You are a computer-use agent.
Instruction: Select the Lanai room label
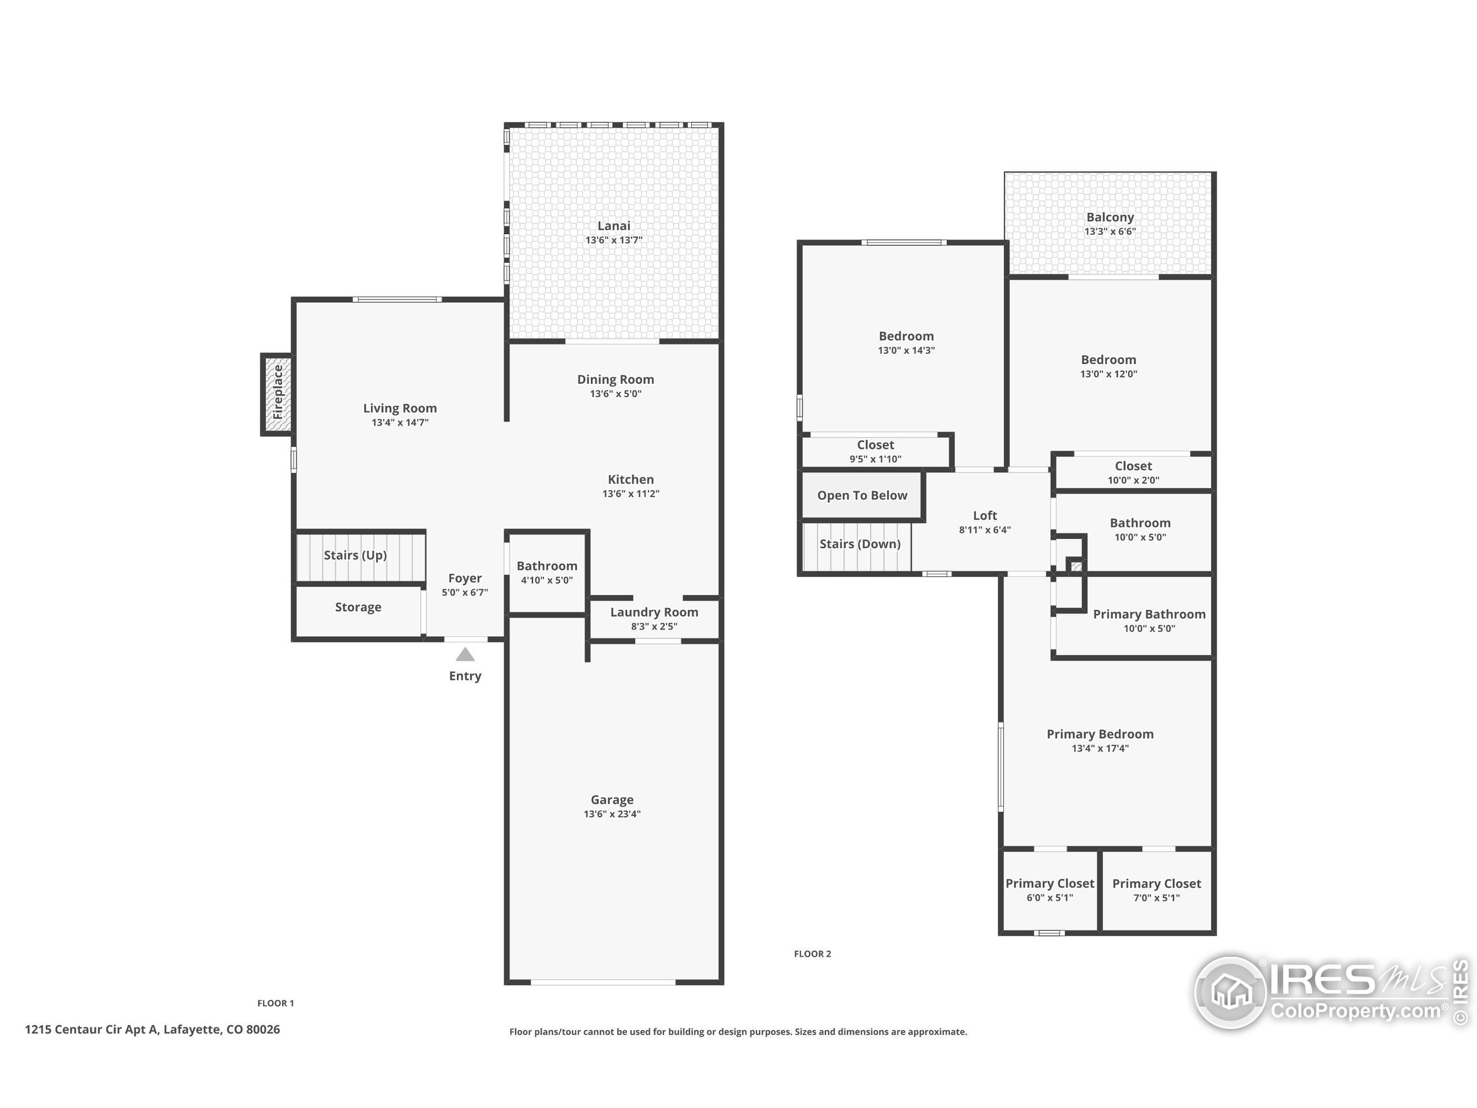pos(614,226)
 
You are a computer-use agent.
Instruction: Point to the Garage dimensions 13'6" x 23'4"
pos(612,814)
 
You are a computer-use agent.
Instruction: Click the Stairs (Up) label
pos(355,555)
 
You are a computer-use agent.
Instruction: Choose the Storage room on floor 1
pos(358,607)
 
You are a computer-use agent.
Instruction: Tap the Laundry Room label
pos(654,612)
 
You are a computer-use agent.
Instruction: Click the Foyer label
pos(464,578)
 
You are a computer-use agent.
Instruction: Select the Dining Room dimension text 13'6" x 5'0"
pos(616,394)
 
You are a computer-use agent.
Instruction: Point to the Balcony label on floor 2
pos(1109,217)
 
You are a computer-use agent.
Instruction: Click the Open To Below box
pos(862,496)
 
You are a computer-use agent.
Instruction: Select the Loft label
pos(984,515)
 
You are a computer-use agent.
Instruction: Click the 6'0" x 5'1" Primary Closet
pos(1049,890)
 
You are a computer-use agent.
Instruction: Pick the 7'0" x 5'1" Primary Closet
pos(1156,890)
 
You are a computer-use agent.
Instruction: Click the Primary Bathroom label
pos(1149,615)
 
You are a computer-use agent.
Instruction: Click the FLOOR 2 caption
pos(812,954)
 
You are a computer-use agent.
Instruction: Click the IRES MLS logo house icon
pos(1231,992)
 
